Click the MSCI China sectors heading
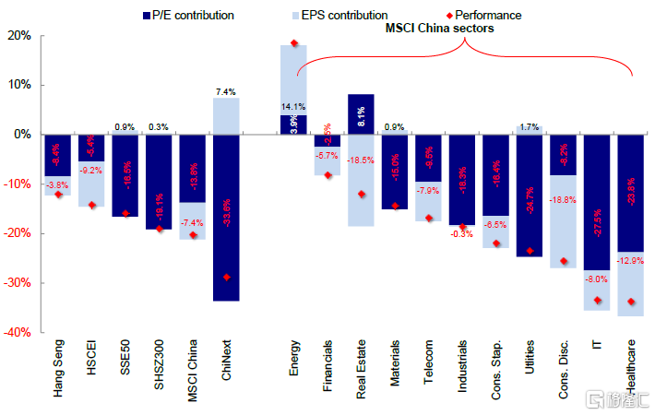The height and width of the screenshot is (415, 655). pos(438,29)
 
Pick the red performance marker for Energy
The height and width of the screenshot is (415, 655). pos(294,43)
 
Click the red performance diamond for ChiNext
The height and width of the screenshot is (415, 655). pos(226,277)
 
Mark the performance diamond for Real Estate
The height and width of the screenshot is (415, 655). pos(362,194)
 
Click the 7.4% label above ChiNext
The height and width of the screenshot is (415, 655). pos(226,92)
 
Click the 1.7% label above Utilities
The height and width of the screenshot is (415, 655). pos(529,127)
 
